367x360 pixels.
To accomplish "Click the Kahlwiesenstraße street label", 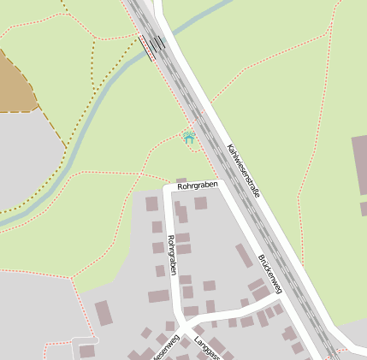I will click(243, 170).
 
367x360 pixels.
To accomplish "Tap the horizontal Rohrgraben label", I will click(198, 185).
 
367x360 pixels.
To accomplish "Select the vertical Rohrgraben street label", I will click(174, 254).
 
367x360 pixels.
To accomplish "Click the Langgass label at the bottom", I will click(207, 348).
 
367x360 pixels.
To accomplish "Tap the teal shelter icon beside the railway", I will click(189, 136).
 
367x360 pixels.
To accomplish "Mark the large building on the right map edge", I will click(359, 162).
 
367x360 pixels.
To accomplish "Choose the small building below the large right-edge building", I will click(364, 208).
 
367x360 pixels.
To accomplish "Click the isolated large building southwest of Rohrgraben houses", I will click(103, 312).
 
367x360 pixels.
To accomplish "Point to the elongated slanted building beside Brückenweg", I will click(244, 256).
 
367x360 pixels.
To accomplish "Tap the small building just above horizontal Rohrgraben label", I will click(181, 180).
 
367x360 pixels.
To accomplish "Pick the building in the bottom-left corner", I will click(86, 351).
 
